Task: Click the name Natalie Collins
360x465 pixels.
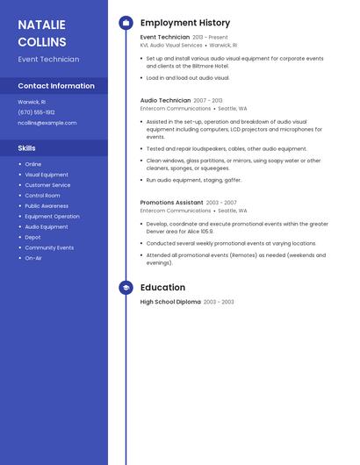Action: point(42,33)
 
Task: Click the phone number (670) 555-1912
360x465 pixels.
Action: point(36,112)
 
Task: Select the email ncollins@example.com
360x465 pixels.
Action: point(47,123)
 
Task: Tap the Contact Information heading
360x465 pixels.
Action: point(56,86)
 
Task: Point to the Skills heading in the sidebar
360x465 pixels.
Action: point(27,148)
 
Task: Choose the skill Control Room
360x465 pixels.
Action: point(42,196)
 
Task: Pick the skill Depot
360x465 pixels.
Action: point(32,237)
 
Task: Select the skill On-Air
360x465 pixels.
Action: point(33,258)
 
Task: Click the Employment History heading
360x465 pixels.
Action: point(185,23)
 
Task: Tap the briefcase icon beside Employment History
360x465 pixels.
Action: point(126,23)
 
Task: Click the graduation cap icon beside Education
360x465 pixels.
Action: point(126,287)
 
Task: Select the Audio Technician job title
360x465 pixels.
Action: point(165,101)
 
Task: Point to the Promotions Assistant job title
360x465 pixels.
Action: point(171,203)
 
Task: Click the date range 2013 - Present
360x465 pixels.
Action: point(210,38)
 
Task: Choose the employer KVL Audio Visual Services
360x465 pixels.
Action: point(171,45)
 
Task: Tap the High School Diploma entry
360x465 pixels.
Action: point(170,302)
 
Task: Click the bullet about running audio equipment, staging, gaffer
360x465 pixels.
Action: point(194,180)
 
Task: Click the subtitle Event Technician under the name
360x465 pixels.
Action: point(48,60)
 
